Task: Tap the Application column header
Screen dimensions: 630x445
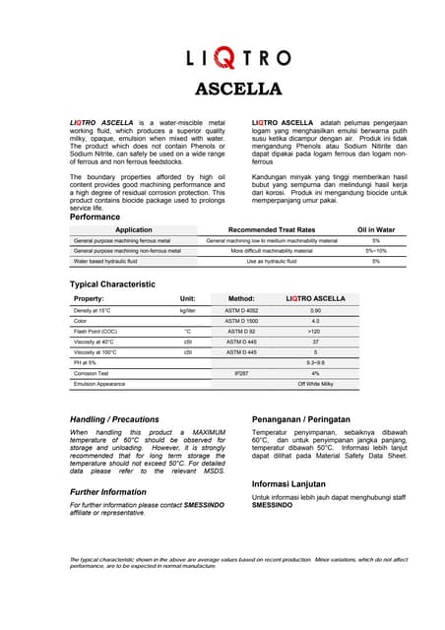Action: (134, 229)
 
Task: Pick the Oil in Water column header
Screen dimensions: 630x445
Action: (375, 229)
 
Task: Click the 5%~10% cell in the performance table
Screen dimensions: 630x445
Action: (375, 251)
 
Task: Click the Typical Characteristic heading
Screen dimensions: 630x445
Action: (112, 283)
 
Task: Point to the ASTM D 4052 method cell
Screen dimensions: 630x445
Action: (241, 310)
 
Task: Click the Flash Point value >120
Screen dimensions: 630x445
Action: (315, 332)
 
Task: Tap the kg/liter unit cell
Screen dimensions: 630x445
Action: (187, 310)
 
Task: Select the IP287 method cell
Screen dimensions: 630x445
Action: (241, 374)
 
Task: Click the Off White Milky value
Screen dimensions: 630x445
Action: (315, 384)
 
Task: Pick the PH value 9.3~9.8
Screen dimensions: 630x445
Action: (315, 363)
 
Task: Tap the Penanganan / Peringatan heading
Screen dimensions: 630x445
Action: (307, 417)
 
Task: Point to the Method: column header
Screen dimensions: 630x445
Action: (241, 297)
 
